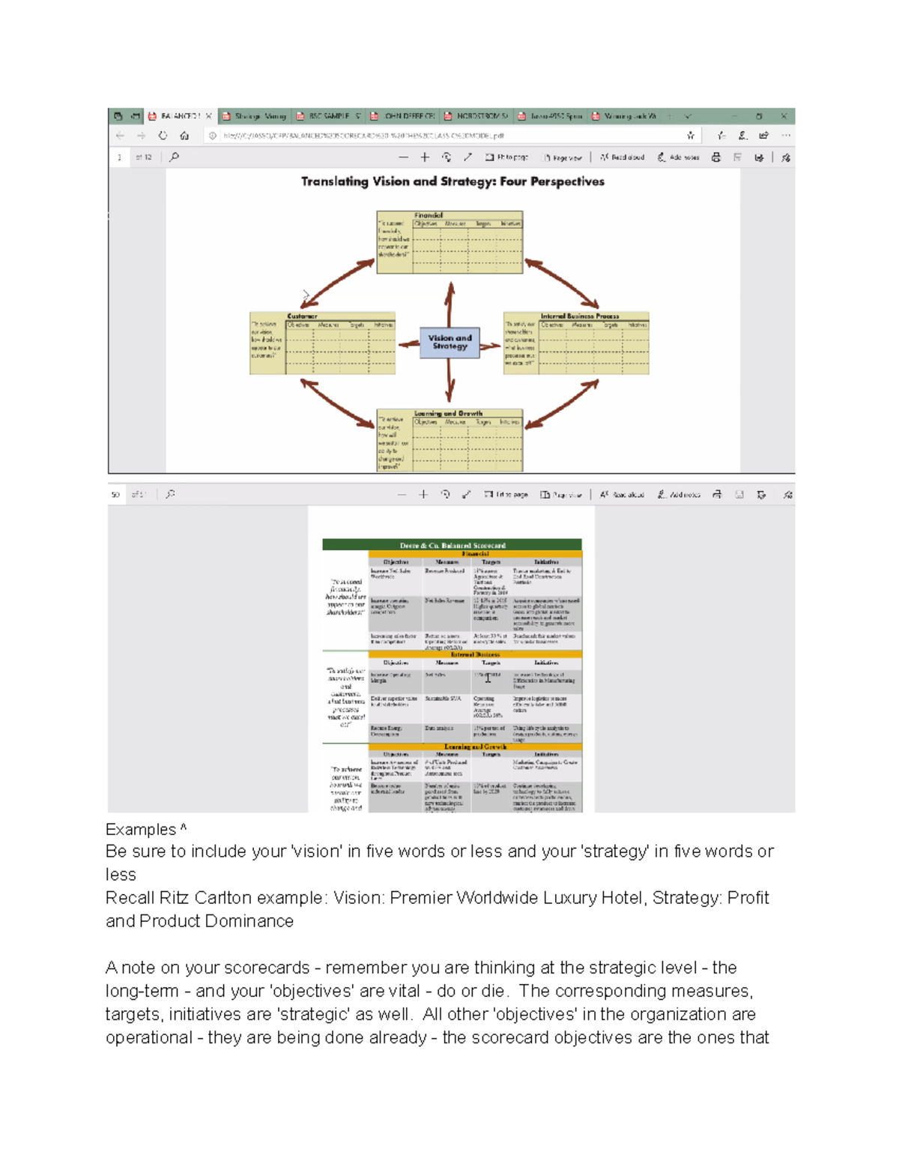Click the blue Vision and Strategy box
click(449, 343)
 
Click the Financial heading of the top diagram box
click(429, 215)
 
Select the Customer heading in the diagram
click(302, 316)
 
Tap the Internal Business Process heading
click(580, 316)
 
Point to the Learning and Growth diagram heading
click(448, 413)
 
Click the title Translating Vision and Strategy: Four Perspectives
click(452, 181)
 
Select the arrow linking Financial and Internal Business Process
click(562, 283)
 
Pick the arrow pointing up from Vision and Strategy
click(449, 304)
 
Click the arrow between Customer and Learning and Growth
click(337, 402)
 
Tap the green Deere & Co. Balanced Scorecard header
click(452, 545)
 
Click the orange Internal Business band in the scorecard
click(475, 654)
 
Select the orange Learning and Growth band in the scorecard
click(475, 747)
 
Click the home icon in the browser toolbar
click(184, 136)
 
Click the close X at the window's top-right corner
click(784, 116)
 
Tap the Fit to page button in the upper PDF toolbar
click(506, 157)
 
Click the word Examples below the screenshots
click(141, 830)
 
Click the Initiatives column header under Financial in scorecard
click(546, 561)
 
